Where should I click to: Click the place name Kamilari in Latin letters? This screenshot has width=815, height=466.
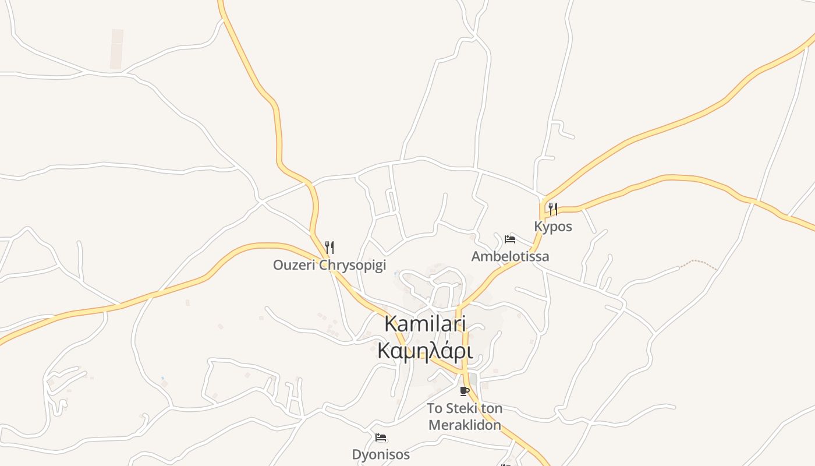coord(426,324)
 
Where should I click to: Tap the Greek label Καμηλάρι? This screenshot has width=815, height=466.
coord(424,351)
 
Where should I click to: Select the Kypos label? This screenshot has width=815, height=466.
coord(553,227)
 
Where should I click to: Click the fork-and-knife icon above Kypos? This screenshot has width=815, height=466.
coord(553,209)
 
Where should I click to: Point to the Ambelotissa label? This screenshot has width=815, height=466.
coord(510,256)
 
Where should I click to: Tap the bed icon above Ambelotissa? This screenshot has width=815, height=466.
coord(510,239)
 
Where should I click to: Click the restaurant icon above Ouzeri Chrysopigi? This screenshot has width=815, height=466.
coord(329,247)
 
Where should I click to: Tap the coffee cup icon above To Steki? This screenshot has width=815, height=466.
coord(464,391)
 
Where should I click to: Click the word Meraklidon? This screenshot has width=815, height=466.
coord(465,425)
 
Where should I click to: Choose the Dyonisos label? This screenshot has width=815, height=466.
coord(381,454)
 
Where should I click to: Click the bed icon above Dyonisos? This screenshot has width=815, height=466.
coord(381,437)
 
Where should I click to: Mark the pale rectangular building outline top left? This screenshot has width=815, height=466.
coord(116,50)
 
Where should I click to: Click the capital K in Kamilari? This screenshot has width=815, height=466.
coord(392,324)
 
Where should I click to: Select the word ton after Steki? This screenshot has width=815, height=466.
coord(491,408)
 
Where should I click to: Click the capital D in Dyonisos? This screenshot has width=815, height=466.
coord(356,454)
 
